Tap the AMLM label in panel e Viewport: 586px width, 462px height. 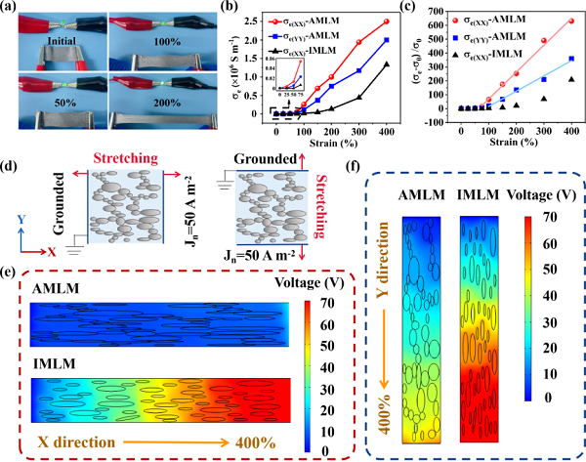click(59, 290)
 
